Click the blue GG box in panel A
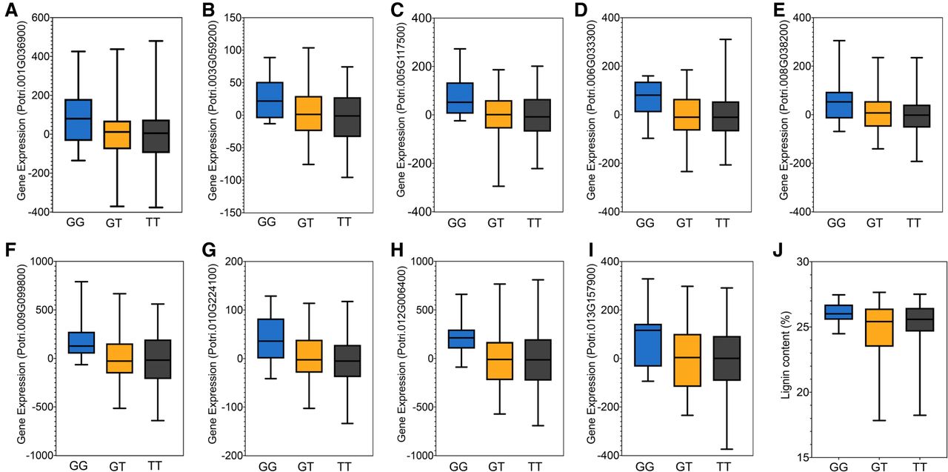(x=79, y=119)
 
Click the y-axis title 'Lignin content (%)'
(x=786, y=359)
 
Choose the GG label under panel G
(x=269, y=466)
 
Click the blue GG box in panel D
(x=648, y=96)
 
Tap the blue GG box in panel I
(x=648, y=345)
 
